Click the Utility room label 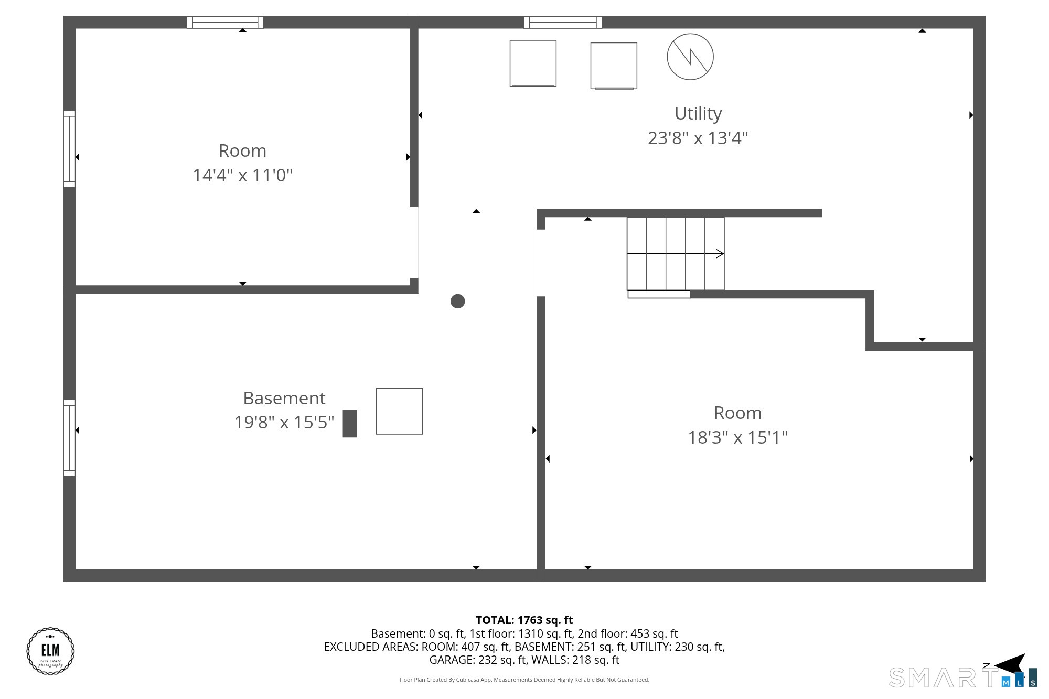[698, 113]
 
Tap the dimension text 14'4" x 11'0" [242, 175]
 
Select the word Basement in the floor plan [284, 398]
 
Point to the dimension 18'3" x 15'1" [737, 437]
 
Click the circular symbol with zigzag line [690, 57]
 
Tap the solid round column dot [458, 302]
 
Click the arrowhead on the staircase [720, 254]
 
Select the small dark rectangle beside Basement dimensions [350, 424]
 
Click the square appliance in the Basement [399, 411]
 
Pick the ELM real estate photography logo [50, 651]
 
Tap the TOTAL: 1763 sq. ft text [524, 620]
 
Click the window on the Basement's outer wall [69, 438]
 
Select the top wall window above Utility [563, 22]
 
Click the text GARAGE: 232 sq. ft [478, 660]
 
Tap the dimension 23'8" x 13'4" [698, 138]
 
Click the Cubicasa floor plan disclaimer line [524, 680]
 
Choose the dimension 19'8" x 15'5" [284, 422]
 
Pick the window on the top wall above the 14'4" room [226, 22]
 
